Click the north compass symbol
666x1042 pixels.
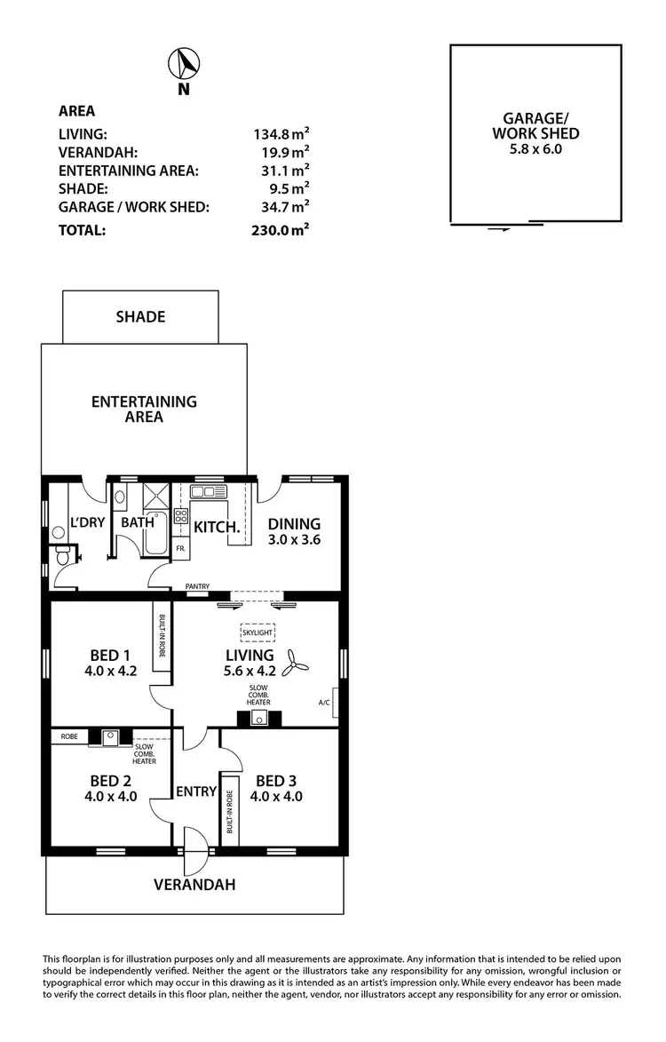[184, 65]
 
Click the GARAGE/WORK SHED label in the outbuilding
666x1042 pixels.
[535, 125]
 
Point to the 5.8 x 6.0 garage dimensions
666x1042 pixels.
[535, 149]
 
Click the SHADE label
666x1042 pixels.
[140, 316]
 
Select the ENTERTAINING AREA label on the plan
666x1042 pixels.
[144, 409]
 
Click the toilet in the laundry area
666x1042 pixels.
[64, 556]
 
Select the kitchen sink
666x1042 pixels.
[209, 491]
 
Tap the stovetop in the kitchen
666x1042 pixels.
[180, 515]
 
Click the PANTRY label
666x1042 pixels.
[197, 586]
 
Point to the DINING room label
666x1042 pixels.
[294, 524]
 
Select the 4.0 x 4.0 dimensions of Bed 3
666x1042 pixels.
[276, 797]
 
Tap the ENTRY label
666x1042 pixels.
[196, 791]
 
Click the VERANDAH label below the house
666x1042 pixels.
[194, 885]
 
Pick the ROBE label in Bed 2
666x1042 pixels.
[69, 736]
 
